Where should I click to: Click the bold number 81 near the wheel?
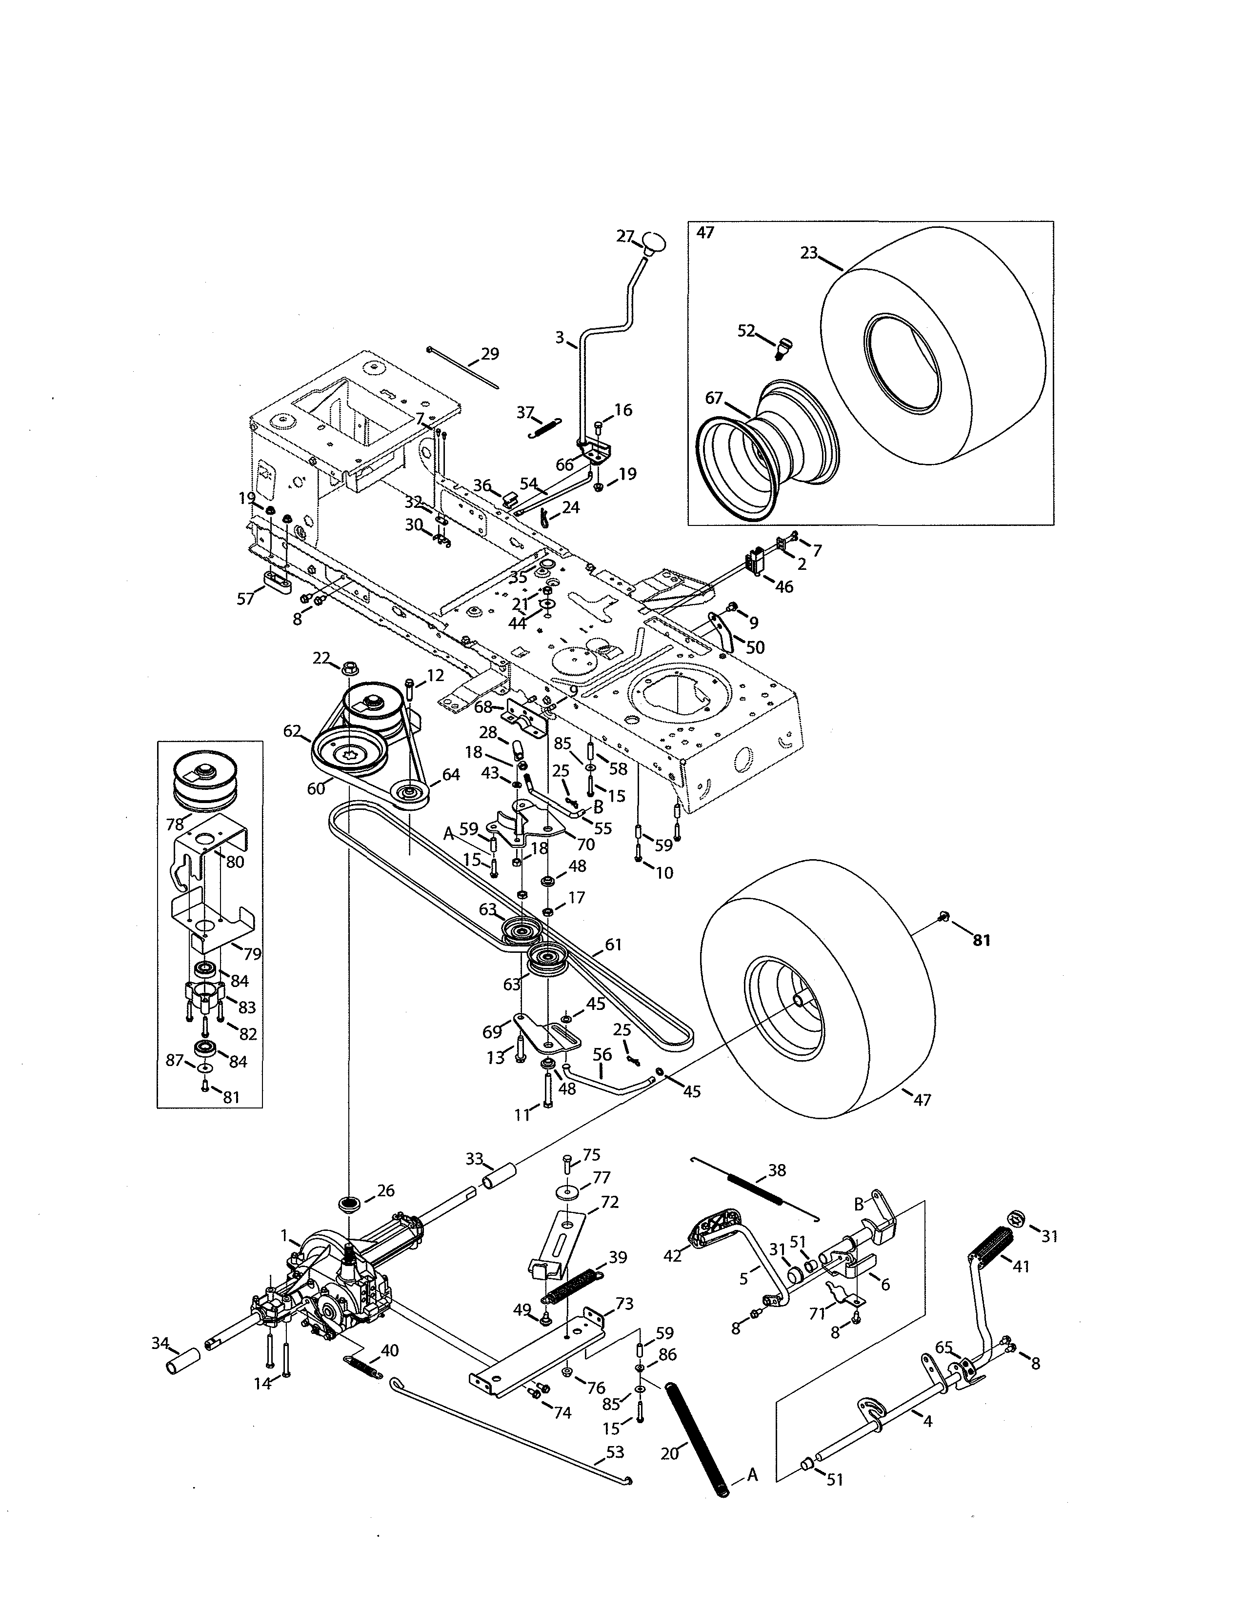point(982,941)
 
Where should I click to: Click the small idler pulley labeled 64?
point(410,796)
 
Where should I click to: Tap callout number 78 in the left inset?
point(175,824)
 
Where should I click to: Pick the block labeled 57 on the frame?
point(276,581)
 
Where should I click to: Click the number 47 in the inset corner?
point(705,233)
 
